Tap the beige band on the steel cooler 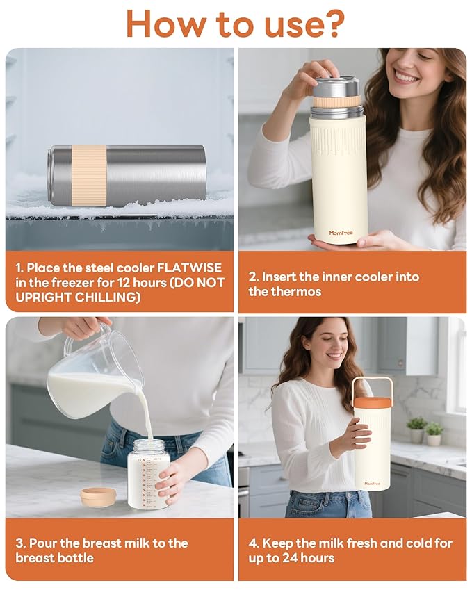pyautogui.click(x=89, y=175)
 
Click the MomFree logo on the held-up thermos pyautogui.click(x=343, y=233)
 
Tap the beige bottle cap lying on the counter pyautogui.click(x=98, y=495)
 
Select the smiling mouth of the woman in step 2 pyautogui.click(x=406, y=77)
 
